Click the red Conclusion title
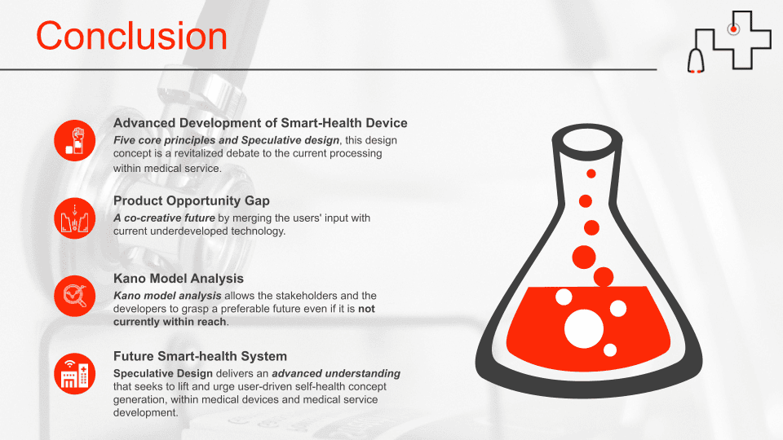coord(132,36)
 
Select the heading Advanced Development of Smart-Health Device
coord(260,123)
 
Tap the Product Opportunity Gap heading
coord(191,200)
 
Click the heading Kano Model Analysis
coord(179,279)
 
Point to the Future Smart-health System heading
coord(200,356)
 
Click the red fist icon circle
coord(75,141)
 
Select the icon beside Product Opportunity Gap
coord(75,218)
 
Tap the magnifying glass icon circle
coord(75,297)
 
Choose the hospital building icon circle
coord(75,374)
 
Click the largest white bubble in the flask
coord(584,328)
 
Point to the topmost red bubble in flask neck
coord(591,174)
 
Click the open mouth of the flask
coord(587,142)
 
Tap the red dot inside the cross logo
coord(733,29)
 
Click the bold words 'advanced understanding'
coord(336,373)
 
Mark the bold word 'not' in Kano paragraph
coord(366,309)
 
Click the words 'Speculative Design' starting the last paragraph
coord(163,373)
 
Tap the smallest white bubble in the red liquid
coord(610,350)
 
